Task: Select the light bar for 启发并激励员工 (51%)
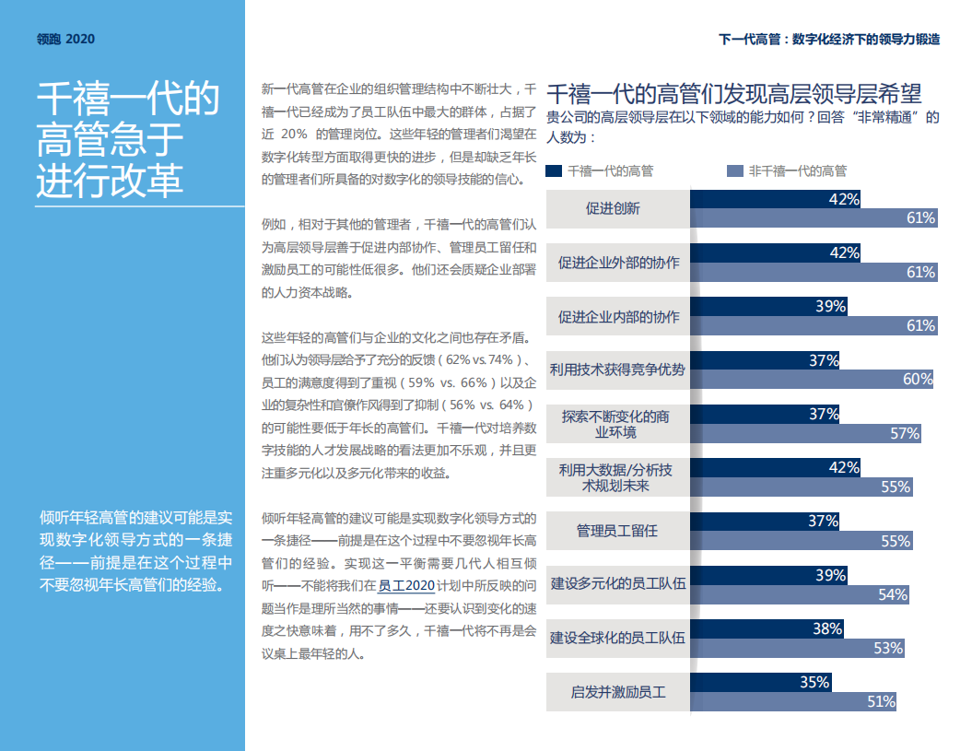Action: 792,701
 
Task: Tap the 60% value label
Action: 918,379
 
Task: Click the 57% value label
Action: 905,433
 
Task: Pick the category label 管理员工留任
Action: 617,532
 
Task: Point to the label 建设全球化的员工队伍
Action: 617,639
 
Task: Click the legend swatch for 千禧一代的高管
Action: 554,170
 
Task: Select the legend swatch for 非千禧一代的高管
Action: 734,170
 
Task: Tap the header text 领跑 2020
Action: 65,39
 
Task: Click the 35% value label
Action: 814,683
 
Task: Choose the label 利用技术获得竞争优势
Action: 617,370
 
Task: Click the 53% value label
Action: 888,648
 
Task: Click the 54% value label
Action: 893,594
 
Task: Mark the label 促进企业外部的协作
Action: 617,263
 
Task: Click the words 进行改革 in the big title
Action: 110,181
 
